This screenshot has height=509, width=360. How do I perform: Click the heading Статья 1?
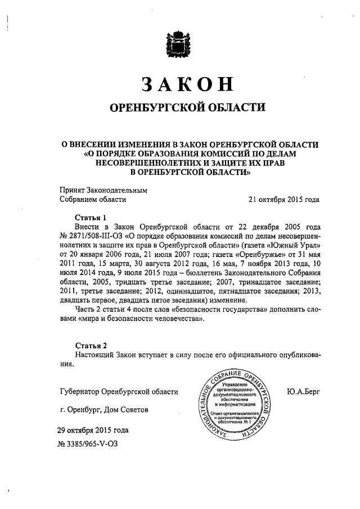tap(91, 217)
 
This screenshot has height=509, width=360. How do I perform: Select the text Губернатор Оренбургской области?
tap(119, 391)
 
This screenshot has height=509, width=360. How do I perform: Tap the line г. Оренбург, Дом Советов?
tap(104, 410)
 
